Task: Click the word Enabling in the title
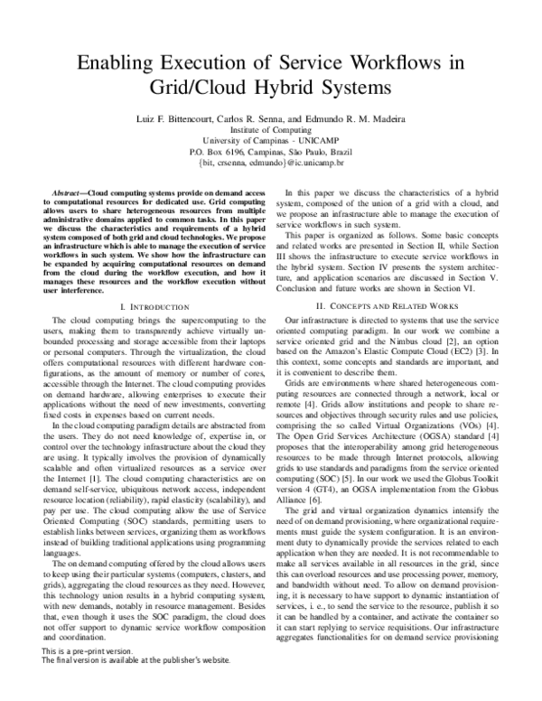116,63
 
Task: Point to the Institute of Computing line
271,130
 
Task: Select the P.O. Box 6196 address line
271,154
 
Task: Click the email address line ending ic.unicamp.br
271,165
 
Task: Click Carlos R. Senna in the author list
255,117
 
